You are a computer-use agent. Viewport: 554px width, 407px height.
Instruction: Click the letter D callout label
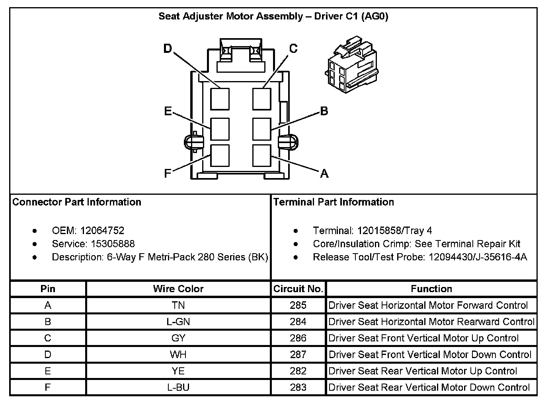point(168,48)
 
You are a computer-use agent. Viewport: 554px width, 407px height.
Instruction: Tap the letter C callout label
point(293,48)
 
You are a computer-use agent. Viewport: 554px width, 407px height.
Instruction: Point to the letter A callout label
point(324,173)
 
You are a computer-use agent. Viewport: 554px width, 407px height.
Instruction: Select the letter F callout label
point(168,173)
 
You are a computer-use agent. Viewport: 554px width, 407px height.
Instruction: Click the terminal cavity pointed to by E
point(220,129)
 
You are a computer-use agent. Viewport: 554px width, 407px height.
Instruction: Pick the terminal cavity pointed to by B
point(262,129)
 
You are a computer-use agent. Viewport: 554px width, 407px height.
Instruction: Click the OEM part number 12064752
point(102,231)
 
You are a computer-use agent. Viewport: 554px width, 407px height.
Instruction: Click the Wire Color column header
point(178,289)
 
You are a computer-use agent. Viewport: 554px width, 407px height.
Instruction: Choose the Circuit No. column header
point(298,289)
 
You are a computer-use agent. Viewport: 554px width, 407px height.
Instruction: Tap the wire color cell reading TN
point(178,305)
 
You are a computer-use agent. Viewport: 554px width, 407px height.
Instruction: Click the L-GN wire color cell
point(178,322)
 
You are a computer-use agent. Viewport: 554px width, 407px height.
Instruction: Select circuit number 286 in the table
point(298,338)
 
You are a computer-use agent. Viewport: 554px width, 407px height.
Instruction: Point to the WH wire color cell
point(178,354)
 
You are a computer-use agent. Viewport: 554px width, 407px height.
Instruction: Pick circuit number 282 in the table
point(298,371)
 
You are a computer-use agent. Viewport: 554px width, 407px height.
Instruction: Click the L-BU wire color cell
point(178,387)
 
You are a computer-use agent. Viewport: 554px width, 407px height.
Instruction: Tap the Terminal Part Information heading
point(334,202)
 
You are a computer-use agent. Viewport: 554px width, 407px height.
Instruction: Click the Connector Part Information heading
point(77,202)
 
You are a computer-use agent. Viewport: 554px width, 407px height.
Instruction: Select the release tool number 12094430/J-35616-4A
point(478,257)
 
